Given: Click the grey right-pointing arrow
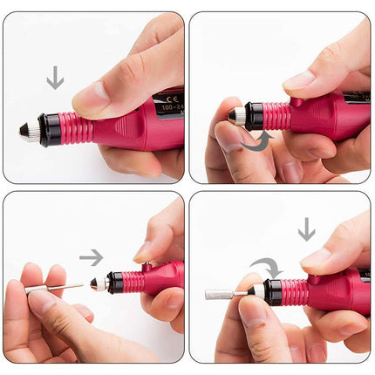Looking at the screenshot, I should pos(91,257).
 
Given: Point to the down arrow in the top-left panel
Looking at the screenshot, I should pos(55,78).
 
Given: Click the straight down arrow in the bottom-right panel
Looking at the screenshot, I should pos(306,229).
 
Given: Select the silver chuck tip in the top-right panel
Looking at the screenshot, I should pos(235,114).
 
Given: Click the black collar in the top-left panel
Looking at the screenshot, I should pos(50,130).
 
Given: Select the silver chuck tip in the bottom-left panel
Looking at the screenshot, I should pos(99,283).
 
